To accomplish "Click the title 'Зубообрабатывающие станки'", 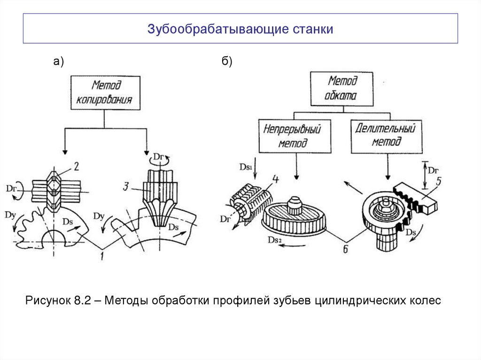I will [x=240, y=29].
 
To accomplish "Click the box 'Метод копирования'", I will [x=105, y=92].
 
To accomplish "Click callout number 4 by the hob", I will [x=275, y=179].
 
